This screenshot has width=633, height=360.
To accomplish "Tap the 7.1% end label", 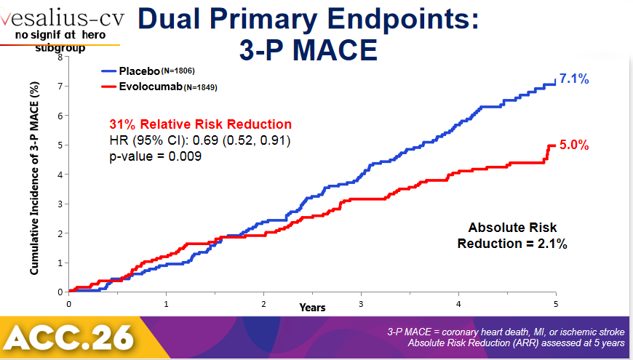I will tap(574, 79).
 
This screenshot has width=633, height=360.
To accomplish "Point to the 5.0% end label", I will tap(574, 145).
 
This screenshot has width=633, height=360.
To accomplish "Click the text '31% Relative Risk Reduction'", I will tap(200, 124).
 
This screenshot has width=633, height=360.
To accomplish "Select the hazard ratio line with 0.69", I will tap(199, 140).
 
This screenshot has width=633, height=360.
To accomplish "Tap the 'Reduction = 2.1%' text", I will tap(512, 244).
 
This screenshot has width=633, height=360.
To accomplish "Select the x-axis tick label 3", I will tap(361, 303).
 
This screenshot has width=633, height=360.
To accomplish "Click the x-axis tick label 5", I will tap(555, 303).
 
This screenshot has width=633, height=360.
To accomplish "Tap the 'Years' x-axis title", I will tap(312, 308).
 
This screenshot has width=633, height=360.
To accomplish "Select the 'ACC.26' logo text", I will tap(69, 336).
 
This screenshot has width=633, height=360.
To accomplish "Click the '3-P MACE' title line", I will tap(308, 50).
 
